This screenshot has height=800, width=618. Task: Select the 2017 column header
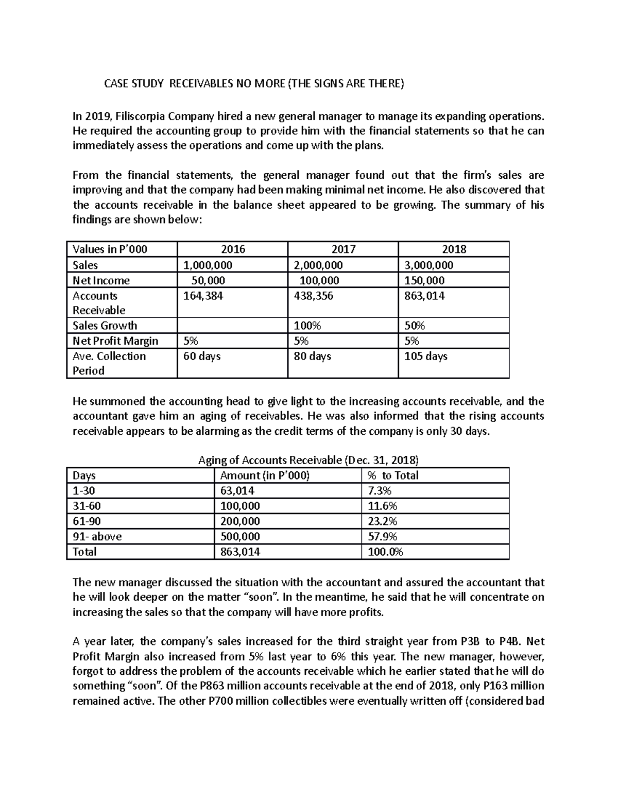[343, 249]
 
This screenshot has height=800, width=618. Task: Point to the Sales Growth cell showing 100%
[307, 326]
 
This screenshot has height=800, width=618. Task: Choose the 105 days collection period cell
[425, 356]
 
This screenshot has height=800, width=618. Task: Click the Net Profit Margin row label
[115, 341]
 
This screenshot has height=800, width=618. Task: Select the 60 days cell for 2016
[202, 356]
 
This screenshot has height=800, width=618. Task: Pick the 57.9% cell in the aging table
[383, 536]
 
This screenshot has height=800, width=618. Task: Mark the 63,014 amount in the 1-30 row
[237, 490]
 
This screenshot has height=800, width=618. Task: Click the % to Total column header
[392, 475]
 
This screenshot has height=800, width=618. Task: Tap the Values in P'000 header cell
[110, 249]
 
